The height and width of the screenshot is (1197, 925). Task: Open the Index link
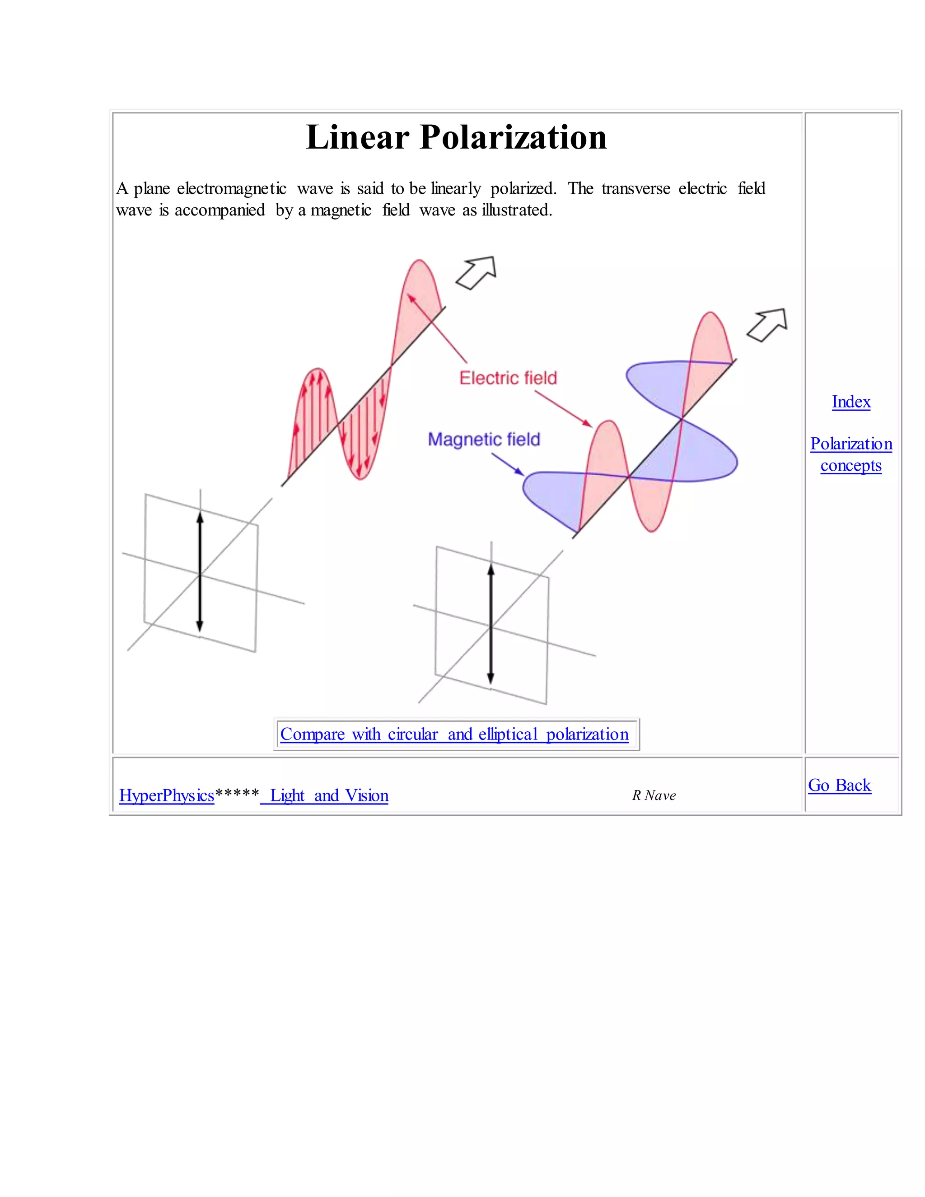point(851,402)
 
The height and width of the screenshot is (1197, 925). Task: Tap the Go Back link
point(839,785)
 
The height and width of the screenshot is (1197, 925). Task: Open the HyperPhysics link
point(167,795)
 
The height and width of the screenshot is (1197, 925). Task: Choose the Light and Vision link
point(329,795)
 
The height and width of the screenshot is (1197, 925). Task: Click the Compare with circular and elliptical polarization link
point(454,734)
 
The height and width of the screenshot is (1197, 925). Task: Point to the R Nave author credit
point(654,795)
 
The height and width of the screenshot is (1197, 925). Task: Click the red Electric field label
point(508,378)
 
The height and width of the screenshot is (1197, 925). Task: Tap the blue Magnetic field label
point(484,440)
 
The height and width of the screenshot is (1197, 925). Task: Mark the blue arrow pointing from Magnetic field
point(508,465)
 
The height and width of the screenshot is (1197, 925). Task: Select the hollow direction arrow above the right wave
point(768,325)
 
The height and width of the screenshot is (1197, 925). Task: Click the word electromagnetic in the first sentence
point(232,188)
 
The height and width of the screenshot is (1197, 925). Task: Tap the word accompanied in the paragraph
point(219,210)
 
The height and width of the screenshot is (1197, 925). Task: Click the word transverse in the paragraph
point(635,188)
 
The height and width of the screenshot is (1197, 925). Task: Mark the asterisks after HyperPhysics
point(237,794)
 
